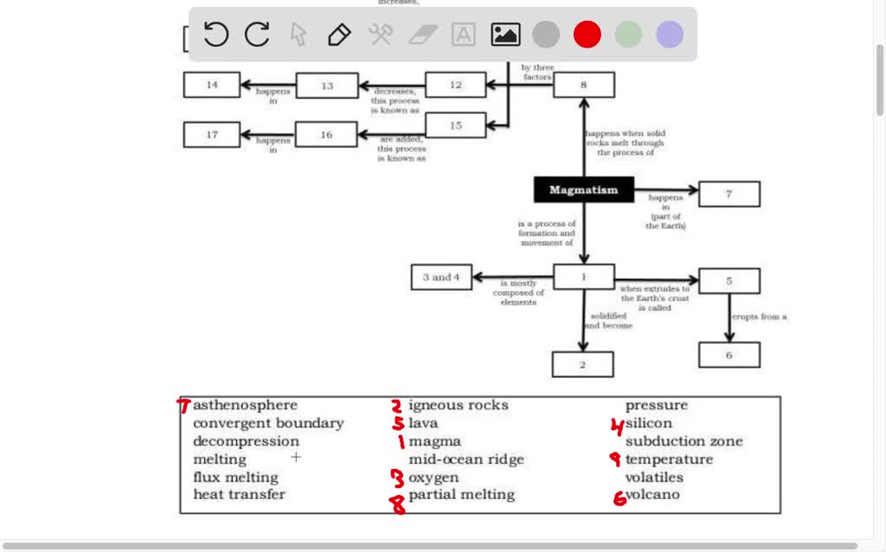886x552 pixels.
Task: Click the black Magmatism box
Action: tap(583, 189)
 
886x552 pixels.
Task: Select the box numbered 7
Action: tap(729, 194)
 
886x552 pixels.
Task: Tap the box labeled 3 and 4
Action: tap(441, 277)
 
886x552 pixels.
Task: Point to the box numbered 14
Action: tap(212, 85)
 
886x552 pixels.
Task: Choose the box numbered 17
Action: tap(212, 134)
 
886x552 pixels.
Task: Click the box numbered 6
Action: tap(729, 355)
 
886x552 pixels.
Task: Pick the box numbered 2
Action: tap(582, 364)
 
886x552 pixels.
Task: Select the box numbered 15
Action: tap(455, 125)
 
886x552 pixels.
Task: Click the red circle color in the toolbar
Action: tap(587, 35)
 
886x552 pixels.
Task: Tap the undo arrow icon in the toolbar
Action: tap(216, 35)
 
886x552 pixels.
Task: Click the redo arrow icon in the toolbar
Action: tap(257, 35)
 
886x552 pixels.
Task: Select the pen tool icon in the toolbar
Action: tap(339, 35)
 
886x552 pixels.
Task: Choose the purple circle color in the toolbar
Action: tap(670, 35)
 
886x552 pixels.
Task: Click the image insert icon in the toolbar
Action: tap(505, 35)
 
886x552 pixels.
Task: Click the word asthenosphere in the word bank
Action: tap(245, 405)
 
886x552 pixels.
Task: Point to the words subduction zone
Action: tap(684, 441)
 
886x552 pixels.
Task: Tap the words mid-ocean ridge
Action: tap(465, 459)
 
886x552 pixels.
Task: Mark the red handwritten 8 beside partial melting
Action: tap(398, 504)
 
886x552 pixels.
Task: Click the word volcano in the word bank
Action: tap(652, 495)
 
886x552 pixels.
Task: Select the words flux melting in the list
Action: tap(235, 478)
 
